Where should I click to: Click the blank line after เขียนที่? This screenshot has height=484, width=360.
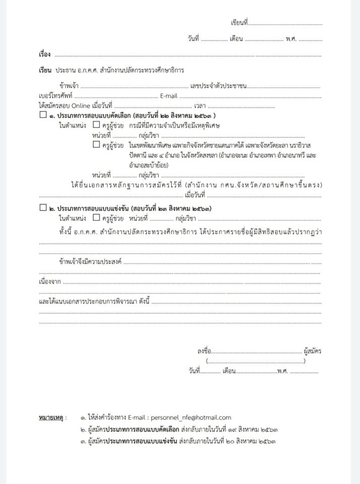(x=285, y=24)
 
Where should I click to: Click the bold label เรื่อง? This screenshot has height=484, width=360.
(x=44, y=53)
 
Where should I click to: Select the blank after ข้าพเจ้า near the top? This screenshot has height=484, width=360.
(x=134, y=86)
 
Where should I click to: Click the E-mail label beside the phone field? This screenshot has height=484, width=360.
(x=169, y=96)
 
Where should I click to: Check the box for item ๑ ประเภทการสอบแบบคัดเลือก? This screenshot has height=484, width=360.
(x=42, y=115)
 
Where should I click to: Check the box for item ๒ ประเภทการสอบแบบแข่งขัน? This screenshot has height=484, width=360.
(x=42, y=208)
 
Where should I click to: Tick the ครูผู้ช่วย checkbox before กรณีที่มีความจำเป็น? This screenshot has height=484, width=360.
(x=96, y=126)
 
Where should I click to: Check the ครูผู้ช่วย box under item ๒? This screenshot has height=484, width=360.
(x=96, y=218)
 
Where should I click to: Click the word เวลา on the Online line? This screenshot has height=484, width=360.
(x=200, y=106)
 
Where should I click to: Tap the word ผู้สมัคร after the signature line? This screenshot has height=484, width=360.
(x=313, y=350)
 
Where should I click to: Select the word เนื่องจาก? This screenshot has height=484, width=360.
(x=50, y=282)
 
